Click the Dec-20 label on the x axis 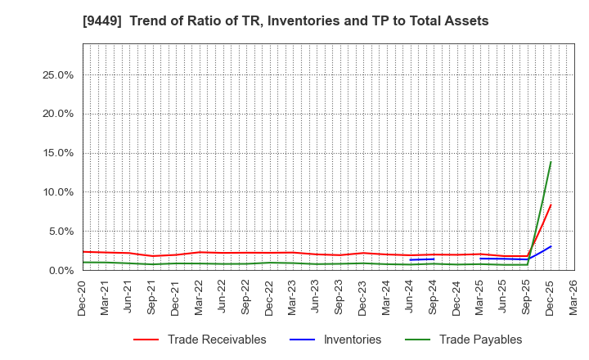(83, 297)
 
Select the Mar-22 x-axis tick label (200, 297)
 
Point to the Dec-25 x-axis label (551, 297)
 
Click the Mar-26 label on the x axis (574, 297)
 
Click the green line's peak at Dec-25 (551, 162)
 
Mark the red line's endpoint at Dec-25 (551, 205)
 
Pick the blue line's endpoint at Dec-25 (551, 246)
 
